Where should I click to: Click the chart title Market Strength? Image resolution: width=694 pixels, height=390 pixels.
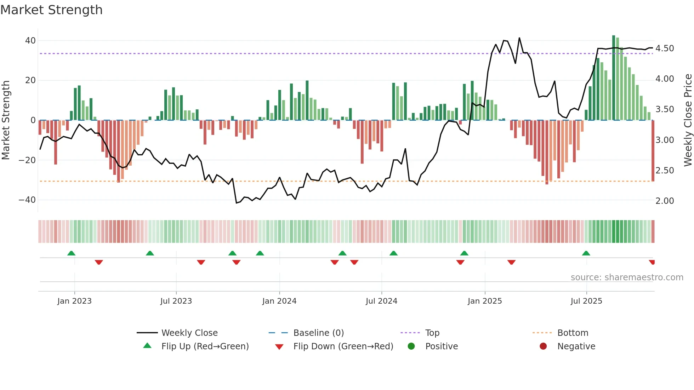51,10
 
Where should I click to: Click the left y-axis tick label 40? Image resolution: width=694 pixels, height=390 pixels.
30,41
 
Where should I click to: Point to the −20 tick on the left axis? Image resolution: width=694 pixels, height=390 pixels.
27,160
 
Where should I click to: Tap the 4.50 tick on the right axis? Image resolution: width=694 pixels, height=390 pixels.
665,48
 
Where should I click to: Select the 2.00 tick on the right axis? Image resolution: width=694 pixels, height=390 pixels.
665,201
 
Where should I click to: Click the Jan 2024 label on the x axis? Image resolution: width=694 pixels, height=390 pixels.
279,301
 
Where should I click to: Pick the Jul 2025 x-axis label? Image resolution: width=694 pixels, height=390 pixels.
586,301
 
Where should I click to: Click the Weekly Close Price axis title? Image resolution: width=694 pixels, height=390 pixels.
688,120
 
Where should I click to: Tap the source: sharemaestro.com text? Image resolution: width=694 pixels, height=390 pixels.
627,277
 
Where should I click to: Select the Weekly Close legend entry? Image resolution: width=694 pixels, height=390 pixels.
189,333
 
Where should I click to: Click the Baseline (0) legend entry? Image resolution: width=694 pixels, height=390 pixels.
318,333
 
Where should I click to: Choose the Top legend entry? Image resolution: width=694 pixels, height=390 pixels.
432,333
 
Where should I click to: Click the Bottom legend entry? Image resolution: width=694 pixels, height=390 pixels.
573,333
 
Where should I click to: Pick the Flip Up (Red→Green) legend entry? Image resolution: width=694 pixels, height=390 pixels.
205,346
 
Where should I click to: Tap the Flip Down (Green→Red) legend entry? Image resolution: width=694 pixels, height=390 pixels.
343,346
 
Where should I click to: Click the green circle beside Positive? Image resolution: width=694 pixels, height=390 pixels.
411,346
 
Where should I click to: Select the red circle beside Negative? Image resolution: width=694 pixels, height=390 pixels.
543,346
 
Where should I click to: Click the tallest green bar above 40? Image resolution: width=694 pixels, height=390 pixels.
614,78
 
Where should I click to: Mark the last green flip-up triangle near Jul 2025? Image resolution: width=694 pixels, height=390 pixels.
586,253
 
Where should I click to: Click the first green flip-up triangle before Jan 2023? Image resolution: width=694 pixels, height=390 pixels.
71,253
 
